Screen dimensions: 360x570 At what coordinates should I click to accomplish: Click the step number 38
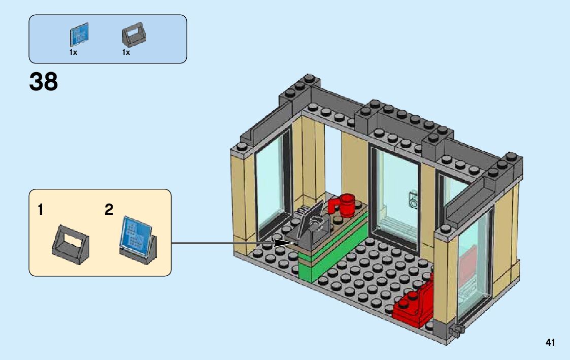44,82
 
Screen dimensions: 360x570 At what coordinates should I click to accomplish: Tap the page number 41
550,343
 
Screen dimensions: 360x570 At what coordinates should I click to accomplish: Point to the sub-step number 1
41,210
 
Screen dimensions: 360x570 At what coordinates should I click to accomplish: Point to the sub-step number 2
109,210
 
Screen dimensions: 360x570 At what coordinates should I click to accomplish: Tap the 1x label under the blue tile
73,52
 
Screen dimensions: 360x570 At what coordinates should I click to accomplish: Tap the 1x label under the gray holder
126,52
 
